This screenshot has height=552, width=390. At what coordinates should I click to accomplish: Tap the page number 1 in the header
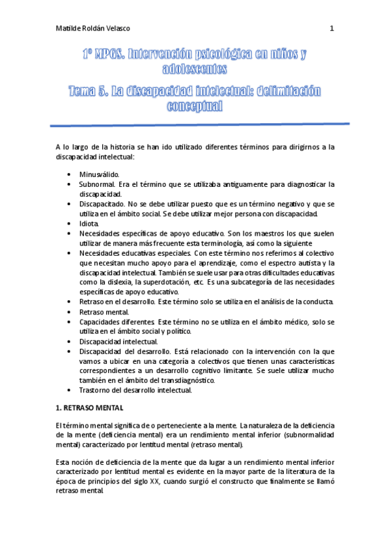tap(332, 29)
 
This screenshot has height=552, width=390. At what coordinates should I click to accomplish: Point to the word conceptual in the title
tap(195, 105)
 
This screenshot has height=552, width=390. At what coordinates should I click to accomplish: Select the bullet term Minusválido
tap(99, 175)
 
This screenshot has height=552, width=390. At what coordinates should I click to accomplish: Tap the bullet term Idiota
tap(89, 223)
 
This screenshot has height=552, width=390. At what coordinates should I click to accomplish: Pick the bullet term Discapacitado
tap(104, 204)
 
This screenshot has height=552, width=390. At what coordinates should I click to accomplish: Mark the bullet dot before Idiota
tap(69, 224)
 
